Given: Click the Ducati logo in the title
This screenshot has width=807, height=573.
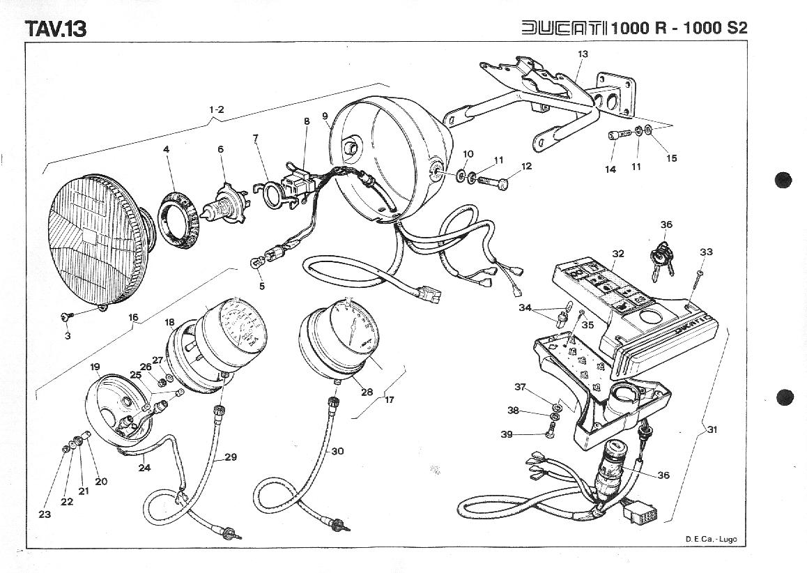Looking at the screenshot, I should [x=564, y=28].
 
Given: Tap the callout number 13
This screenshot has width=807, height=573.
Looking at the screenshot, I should [x=583, y=54].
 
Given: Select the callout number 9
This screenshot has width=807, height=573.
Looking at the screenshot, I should [x=325, y=115].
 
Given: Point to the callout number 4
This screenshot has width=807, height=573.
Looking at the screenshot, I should [x=166, y=149].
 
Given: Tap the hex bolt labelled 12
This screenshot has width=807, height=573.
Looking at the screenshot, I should [x=492, y=182].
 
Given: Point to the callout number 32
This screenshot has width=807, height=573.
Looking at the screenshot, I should [x=617, y=254].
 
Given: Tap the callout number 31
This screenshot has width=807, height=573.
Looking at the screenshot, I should [x=712, y=430].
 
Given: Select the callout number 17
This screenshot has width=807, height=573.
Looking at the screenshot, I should [x=390, y=400].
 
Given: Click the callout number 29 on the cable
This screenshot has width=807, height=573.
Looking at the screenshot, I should [x=231, y=457].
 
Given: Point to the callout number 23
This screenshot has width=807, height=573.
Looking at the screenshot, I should [x=45, y=515].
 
